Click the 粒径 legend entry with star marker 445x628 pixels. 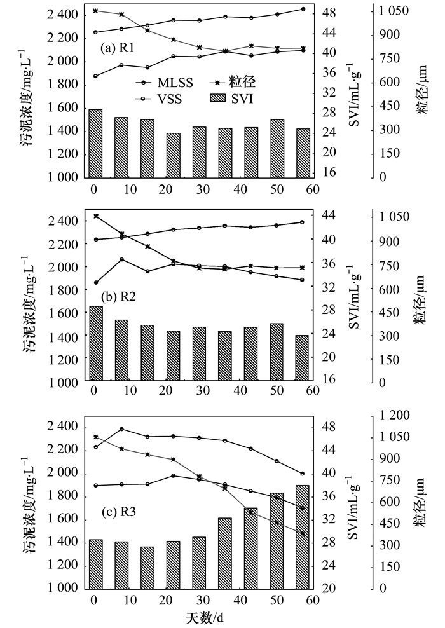click(x=236, y=81)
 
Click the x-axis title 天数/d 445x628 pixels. click(x=205, y=617)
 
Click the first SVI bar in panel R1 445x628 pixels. click(x=95, y=144)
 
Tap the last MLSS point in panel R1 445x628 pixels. click(x=303, y=9)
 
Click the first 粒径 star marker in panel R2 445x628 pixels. click(x=95, y=216)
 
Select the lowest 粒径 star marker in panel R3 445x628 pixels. click(x=303, y=533)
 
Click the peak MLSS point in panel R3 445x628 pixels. click(x=121, y=429)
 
